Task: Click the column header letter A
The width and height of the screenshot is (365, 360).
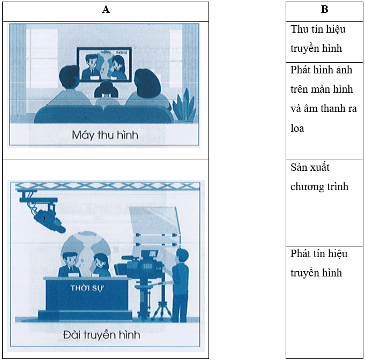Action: coord(106,10)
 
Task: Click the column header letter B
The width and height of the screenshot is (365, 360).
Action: coord(324,10)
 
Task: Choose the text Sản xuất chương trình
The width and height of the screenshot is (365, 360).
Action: coord(319,177)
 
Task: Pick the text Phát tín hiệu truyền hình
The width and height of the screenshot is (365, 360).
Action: coord(319,264)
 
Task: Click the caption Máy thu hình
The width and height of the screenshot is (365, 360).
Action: coord(105,135)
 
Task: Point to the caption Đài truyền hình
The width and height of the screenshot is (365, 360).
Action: coord(102,335)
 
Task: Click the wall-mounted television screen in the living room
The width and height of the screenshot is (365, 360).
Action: coord(104,64)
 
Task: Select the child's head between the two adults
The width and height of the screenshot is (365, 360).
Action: coord(106,89)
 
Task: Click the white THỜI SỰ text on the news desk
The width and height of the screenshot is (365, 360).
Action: coord(87,288)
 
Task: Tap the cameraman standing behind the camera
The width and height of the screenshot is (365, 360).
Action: coord(180,285)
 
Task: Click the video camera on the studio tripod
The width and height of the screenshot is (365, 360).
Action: coord(141,264)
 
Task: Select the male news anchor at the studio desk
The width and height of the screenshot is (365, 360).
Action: coord(70,265)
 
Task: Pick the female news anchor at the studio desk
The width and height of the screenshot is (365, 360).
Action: coord(101,265)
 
